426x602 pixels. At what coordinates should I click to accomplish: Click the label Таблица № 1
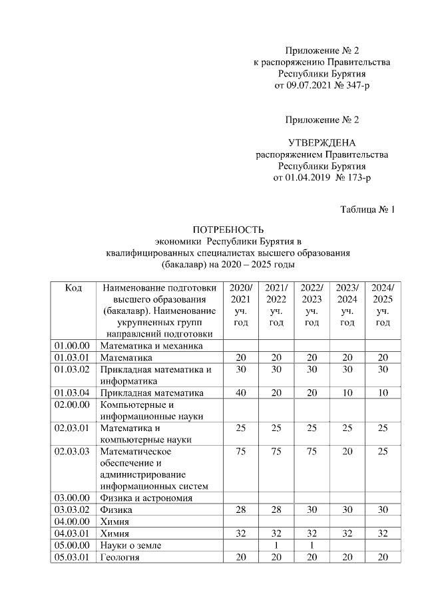pyautogui.click(x=367, y=210)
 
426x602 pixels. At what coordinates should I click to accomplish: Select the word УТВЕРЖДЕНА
pyautogui.click(x=321, y=143)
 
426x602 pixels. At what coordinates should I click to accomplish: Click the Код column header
pyautogui.click(x=73, y=288)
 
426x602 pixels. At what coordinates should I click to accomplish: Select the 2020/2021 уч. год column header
pyautogui.click(x=240, y=305)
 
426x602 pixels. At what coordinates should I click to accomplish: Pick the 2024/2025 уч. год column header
pyautogui.click(x=382, y=305)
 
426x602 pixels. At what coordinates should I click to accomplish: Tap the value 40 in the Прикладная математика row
pyautogui.click(x=240, y=393)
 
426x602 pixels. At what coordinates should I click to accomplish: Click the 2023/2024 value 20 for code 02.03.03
pyautogui.click(x=347, y=452)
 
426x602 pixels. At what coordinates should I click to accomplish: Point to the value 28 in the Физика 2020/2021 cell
pyautogui.click(x=240, y=510)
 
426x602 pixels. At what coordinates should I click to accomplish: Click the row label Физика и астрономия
pyautogui.click(x=146, y=498)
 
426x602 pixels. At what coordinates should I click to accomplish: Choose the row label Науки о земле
pyautogui.click(x=131, y=545)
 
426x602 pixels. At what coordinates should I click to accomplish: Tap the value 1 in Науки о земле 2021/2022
pyautogui.click(x=276, y=545)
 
